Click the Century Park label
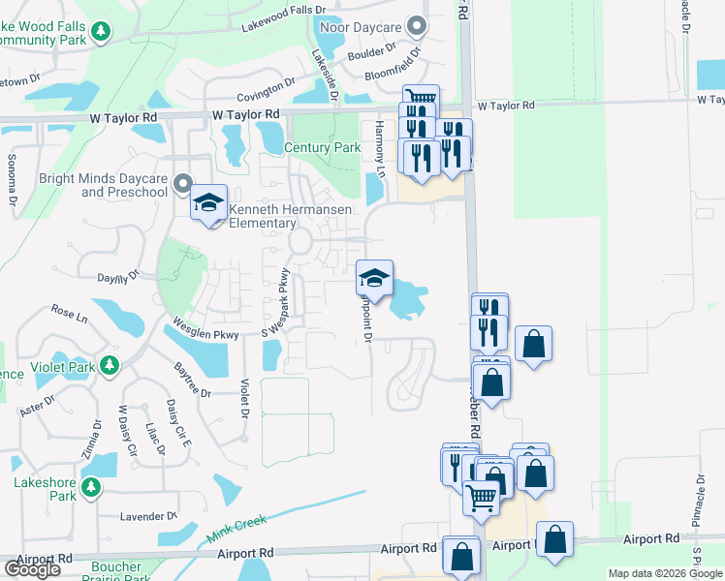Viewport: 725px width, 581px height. point(322,148)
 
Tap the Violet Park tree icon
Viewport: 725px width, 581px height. point(110,365)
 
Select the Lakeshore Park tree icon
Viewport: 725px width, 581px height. point(91,486)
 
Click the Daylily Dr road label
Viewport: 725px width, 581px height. point(120,277)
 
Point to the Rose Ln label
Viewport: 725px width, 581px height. point(69,315)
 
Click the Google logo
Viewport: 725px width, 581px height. point(32,569)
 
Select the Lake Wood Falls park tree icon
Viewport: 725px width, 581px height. point(100,33)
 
